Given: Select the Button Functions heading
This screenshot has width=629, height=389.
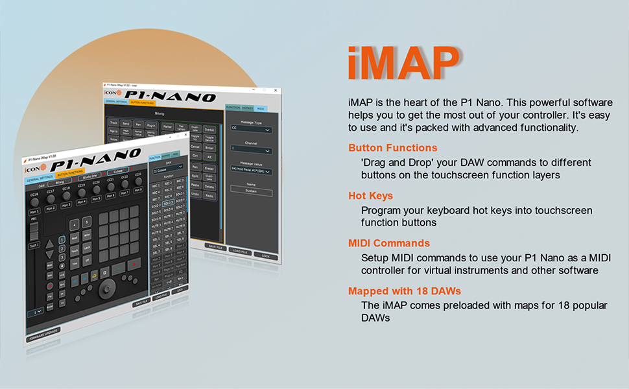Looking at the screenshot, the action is click(x=392, y=148).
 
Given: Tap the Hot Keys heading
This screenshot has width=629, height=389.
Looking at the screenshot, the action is click(x=370, y=196).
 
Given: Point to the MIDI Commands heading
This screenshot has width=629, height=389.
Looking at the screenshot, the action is click(x=388, y=243).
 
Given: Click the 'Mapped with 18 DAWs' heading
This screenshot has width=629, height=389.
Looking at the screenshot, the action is click(x=404, y=291).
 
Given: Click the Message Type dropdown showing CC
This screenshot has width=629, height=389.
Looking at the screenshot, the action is click(x=250, y=129).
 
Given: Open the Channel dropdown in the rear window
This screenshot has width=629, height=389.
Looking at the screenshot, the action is click(x=250, y=150).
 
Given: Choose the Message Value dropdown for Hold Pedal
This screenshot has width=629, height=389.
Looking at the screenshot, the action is click(x=250, y=171).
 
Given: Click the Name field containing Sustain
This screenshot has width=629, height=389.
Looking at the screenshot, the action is click(x=251, y=193).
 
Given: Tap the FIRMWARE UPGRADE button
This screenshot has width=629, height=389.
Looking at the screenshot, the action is click(x=43, y=332).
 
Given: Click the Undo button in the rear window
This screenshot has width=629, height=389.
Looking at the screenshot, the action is click(x=195, y=194).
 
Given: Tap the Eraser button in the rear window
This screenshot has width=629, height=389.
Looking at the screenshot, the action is click(x=209, y=168).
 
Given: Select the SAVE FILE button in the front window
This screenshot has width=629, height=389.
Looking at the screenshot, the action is click(x=141, y=303).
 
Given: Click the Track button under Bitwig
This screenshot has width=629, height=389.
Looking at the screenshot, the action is click(x=114, y=122).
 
